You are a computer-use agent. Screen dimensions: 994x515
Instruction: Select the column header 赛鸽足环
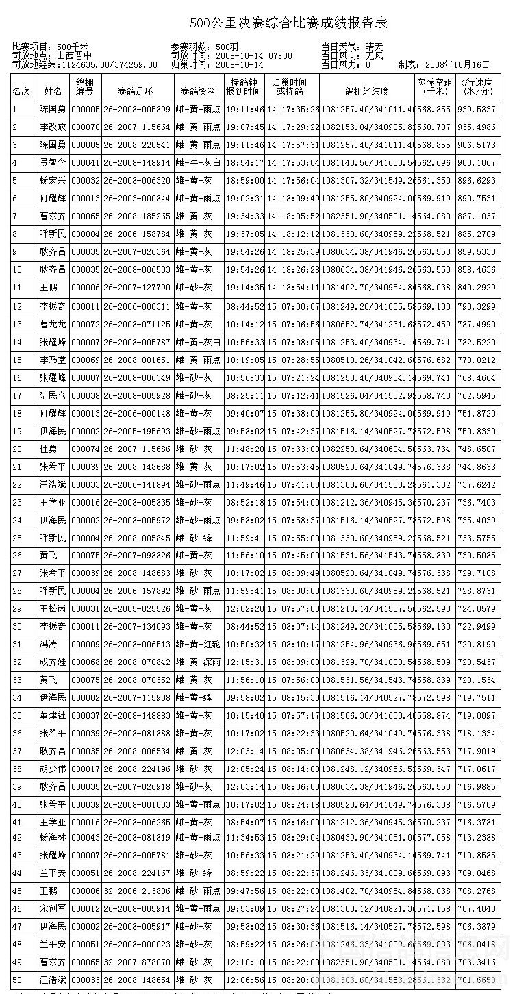point(135,90)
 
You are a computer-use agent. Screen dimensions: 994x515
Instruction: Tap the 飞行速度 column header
point(477,86)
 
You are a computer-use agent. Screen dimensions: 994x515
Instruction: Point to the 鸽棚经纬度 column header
point(367,90)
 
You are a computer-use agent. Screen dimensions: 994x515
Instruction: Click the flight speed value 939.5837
point(477,110)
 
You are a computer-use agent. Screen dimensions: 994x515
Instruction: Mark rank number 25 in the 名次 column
point(17,538)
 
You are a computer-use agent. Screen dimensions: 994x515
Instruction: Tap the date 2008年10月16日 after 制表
point(457,65)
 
